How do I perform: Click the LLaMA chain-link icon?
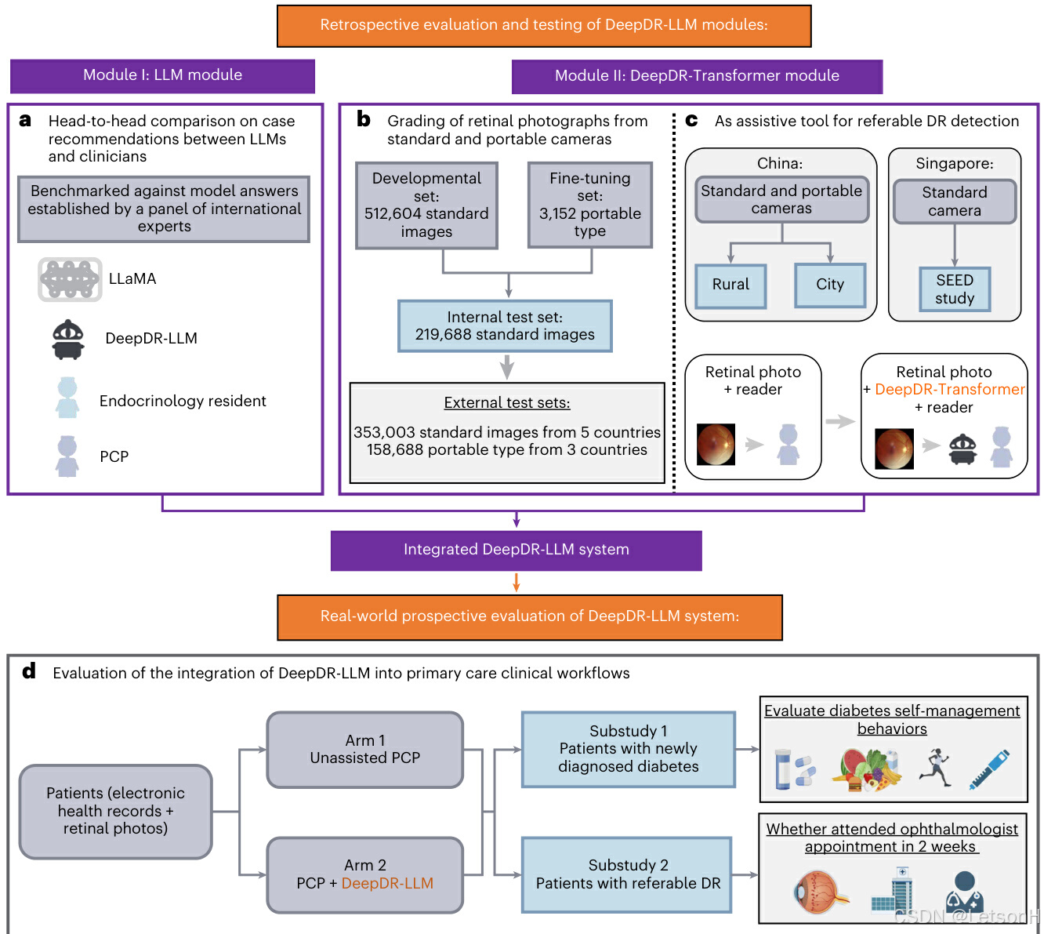tap(70, 279)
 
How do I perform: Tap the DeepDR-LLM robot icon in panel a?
tap(68, 340)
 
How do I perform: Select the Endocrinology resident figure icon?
tap(67, 398)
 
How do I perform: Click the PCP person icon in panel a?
tap(67, 456)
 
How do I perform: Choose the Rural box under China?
tap(730, 285)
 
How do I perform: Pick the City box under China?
tap(829, 285)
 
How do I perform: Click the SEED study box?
tap(954, 289)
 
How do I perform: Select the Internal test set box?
tap(505, 326)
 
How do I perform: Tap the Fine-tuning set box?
tap(589, 205)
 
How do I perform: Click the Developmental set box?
tap(426, 205)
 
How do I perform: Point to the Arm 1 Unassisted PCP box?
tap(365, 750)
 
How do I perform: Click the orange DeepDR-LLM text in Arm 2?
tap(387, 884)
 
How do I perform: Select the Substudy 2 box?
tap(627, 874)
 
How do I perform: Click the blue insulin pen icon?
tap(989, 769)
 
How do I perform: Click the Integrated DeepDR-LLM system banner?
tap(516, 550)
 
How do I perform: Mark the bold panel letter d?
tap(29, 671)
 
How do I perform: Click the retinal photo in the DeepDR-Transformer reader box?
tap(894, 449)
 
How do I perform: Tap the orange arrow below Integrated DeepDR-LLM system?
tap(516, 583)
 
